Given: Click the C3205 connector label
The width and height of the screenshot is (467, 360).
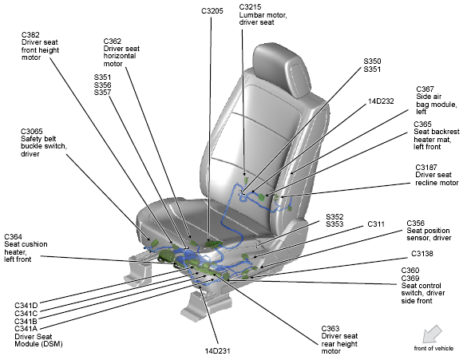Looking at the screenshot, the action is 212,11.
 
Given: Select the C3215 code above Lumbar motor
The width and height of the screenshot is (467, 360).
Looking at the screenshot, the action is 250,7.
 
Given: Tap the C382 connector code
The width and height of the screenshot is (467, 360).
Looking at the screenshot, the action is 30,35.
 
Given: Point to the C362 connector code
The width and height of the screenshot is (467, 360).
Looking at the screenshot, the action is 113,41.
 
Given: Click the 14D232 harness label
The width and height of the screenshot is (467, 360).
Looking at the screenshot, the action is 381,101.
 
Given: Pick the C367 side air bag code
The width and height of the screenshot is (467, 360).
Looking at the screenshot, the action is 425,89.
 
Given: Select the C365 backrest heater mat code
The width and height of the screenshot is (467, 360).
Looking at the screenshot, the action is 422,125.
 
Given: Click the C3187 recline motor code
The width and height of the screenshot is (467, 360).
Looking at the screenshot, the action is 426,168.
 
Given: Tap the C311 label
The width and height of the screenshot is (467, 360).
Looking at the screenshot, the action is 376,224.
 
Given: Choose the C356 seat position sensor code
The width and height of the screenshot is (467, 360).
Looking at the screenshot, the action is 416,224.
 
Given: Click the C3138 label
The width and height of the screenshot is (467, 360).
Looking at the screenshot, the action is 422,254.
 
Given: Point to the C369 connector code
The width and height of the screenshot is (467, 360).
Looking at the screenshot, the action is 410,278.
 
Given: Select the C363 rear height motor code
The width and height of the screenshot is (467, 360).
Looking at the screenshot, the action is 330,328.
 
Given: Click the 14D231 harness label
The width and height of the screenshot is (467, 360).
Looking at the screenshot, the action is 217,351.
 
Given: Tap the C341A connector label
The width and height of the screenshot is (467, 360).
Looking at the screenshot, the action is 26,329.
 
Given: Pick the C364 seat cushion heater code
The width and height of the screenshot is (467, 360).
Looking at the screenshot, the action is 13,237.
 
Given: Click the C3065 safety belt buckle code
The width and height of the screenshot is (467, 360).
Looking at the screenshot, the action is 32,132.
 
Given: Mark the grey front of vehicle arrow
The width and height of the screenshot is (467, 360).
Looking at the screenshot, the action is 432,334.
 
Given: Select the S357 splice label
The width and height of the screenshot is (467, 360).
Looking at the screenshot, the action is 102,93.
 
